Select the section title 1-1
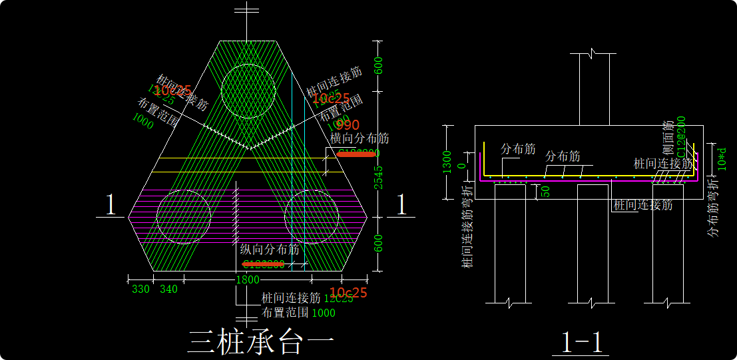pos(582,342)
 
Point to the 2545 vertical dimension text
pos(379,177)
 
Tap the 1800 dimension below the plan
pos(247,280)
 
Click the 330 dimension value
pos(140,289)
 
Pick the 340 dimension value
pos(169,289)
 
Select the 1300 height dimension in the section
pos(447,161)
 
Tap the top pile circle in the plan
pos(248,91)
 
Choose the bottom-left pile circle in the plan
pos(184,217)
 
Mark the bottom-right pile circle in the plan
pos(312,217)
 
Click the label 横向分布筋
pos(360,138)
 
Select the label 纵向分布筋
pos(270,250)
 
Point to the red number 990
pos(348,125)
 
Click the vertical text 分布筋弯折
pos(713,208)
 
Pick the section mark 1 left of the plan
pos(111,205)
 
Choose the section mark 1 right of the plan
pos(401,205)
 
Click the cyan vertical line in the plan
pos(292,166)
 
